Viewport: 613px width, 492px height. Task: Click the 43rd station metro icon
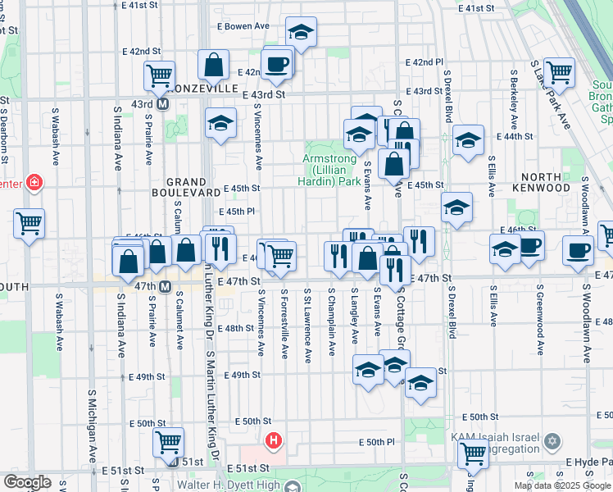click(162, 105)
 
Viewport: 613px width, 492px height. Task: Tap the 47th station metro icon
click(165, 286)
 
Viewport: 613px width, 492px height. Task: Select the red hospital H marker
click(274, 441)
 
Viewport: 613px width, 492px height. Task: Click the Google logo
click(28, 482)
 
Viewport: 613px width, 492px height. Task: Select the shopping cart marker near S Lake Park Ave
click(559, 72)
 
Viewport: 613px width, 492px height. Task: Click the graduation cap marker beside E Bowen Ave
click(301, 33)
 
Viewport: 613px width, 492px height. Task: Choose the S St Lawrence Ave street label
click(307, 326)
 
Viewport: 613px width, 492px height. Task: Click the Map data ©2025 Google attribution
click(562, 485)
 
